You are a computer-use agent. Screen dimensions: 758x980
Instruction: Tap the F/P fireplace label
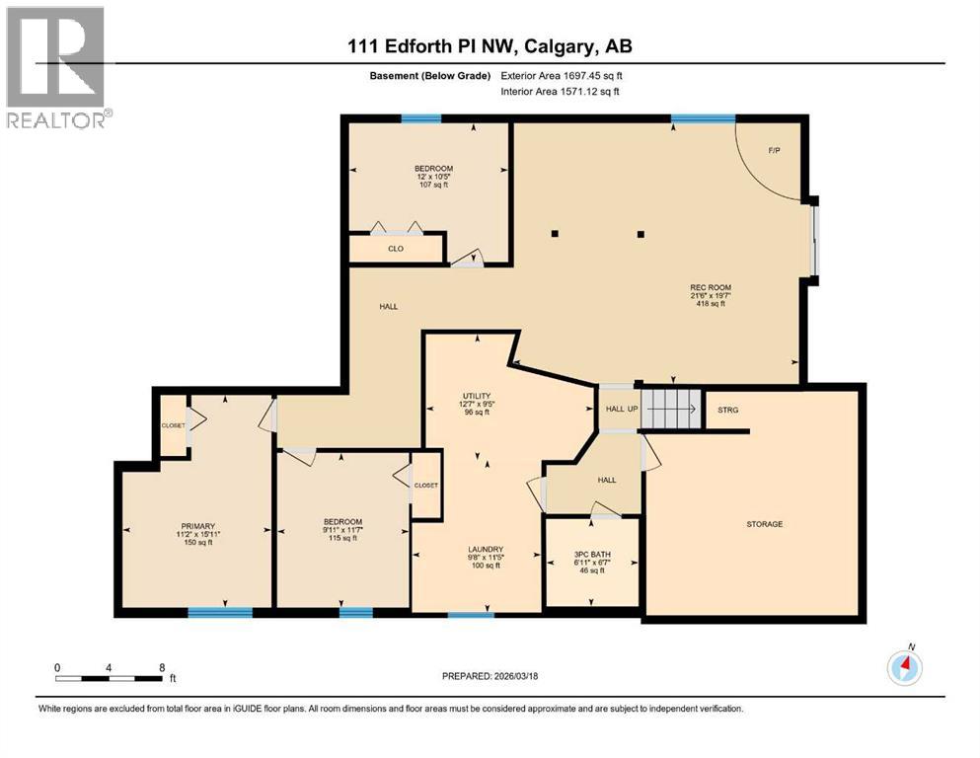click(x=775, y=150)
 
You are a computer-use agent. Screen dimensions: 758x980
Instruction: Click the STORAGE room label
click(x=764, y=524)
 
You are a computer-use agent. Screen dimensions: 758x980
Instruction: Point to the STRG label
click(x=728, y=410)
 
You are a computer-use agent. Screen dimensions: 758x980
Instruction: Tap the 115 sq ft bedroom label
click(x=342, y=530)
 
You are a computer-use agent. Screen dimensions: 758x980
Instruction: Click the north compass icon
click(x=904, y=667)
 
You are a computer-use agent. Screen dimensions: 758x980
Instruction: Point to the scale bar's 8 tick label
click(x=162, y=666)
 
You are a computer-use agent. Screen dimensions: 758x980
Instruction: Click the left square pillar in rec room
click(x=555, y=234)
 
